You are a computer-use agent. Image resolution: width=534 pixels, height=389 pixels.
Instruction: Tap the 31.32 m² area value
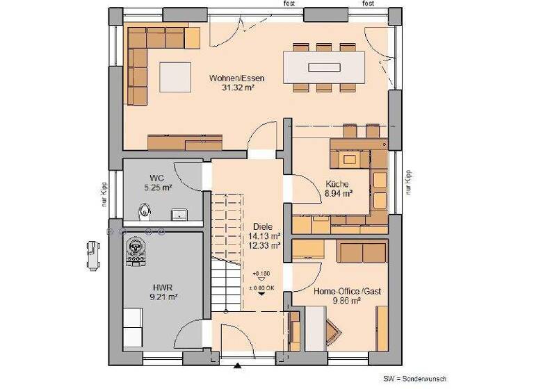(x=236, y=88)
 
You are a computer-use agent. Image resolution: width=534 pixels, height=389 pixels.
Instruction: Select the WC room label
(x=156, y=179)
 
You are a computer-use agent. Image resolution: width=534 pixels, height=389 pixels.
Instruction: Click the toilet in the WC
(x=145, y=210)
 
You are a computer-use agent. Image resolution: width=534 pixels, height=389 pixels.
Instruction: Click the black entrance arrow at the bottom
(x=238, y=365)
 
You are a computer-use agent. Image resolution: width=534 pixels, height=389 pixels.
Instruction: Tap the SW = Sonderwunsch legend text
(x=414, y=380)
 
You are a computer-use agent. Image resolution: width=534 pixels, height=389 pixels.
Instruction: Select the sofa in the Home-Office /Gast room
(x=361, y=251)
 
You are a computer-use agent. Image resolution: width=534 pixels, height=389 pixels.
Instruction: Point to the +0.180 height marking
(x=261, y=274)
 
